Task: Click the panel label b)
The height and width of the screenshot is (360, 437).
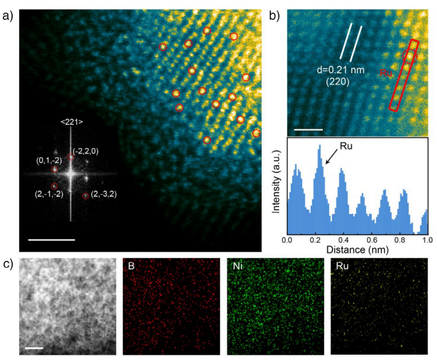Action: pos(274,16)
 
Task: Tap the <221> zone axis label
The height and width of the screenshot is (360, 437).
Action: pos(71,122)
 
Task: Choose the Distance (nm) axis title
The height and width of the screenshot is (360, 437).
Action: pos(357,249)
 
